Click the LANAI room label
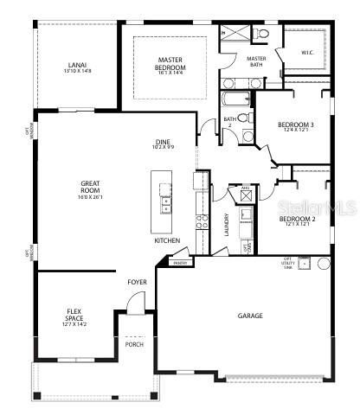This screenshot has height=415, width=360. (76, 65)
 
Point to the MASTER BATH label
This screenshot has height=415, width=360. (232, 61)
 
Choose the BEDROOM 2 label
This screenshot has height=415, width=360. (295, 220)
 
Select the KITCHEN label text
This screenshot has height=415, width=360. (167, 240)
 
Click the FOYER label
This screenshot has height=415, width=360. (137, 282)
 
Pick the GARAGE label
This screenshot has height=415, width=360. (250, 316)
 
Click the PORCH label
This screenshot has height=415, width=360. (134, 344)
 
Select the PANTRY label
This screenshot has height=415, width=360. (180, 263)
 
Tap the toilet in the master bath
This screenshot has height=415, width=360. (263, 34)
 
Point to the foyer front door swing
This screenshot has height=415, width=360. (134, 303)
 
